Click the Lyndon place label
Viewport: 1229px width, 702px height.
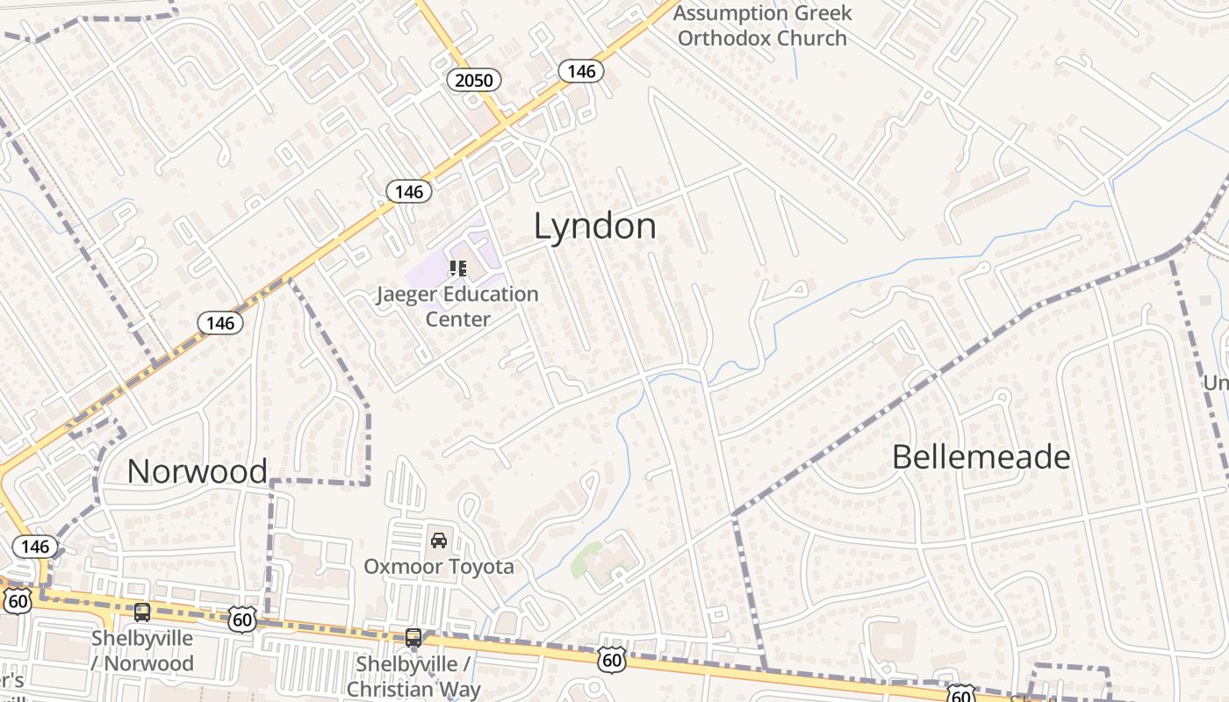594,226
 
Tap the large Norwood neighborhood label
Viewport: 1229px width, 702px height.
197,471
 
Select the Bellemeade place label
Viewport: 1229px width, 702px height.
981,457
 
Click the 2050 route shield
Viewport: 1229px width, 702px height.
474,81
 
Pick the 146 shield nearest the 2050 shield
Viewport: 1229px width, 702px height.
581,71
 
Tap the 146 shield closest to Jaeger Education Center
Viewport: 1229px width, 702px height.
408,191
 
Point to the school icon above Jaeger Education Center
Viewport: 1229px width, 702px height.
457,268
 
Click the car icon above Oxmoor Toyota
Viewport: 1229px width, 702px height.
439,540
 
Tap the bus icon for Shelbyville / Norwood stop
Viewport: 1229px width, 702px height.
142,612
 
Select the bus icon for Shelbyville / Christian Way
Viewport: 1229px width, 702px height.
413,638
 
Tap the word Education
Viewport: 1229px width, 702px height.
492,294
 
